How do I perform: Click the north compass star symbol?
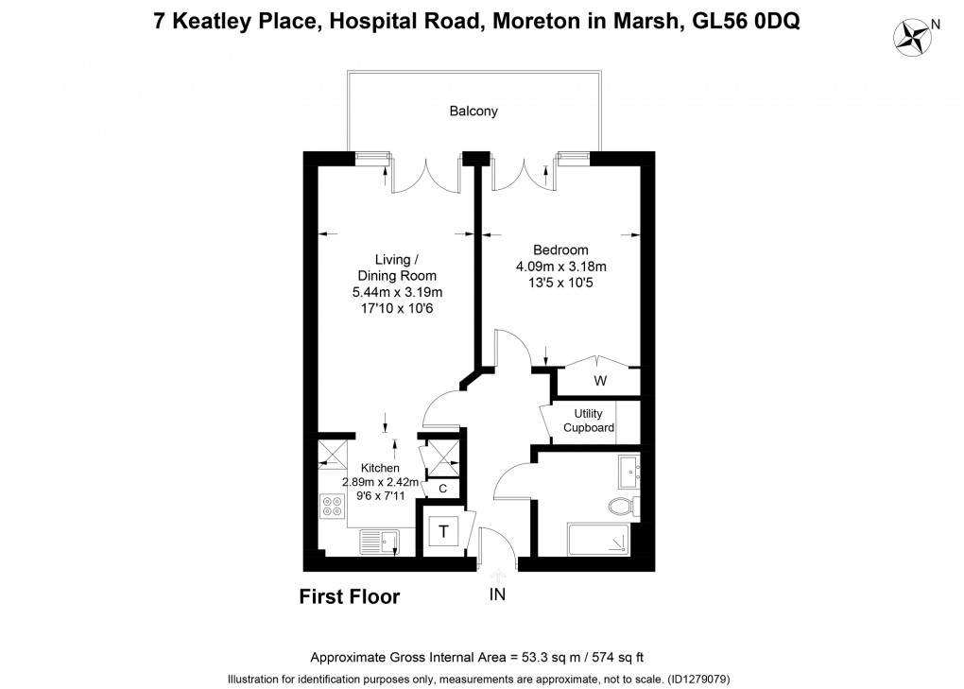tap(914, 36)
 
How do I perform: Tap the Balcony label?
tap(473, 111)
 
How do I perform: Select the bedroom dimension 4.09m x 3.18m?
tap(560, 267)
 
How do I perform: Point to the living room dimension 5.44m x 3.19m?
tap(397, 292)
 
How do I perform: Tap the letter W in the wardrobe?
tap(599, 381)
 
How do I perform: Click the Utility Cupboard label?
tap(589, 421)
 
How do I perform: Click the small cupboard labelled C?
tap(442, 489)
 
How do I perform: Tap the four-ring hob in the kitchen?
tap(332, 507)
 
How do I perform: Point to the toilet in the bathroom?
tap(624, 506)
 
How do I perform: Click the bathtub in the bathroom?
tap(599, 540)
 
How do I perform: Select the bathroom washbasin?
tap(629, 469)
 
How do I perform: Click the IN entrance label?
tap(498, 594)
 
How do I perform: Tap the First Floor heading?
tap(350, 596)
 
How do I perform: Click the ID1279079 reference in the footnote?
tap(698, 679)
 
